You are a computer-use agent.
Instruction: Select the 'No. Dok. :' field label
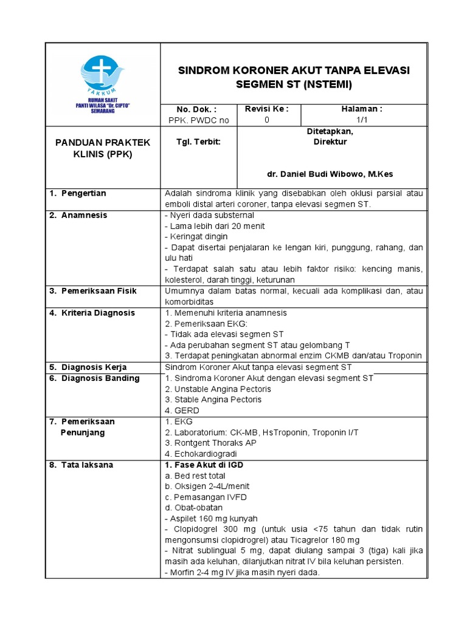198,109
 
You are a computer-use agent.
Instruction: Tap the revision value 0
266,120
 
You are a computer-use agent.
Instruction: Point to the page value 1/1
364,120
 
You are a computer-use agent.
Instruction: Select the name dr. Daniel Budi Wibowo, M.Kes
330,174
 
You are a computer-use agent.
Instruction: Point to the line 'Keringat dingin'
196,237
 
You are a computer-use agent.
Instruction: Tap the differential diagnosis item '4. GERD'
182,411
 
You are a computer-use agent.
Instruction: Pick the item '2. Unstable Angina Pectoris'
218,389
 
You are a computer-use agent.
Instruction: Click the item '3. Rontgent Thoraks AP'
210,443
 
